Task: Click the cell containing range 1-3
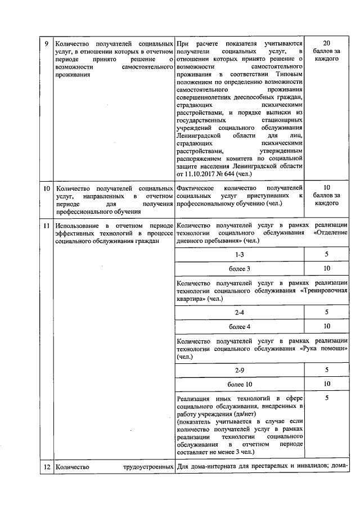click(x=240, y=255)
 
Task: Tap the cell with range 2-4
click(x=240, y=312)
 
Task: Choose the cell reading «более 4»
click(x=240, y=326)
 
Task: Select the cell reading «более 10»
click(x=240, y=384)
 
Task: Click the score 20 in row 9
click(x=327, y=43)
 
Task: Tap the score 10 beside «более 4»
click(x=327, y=326)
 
